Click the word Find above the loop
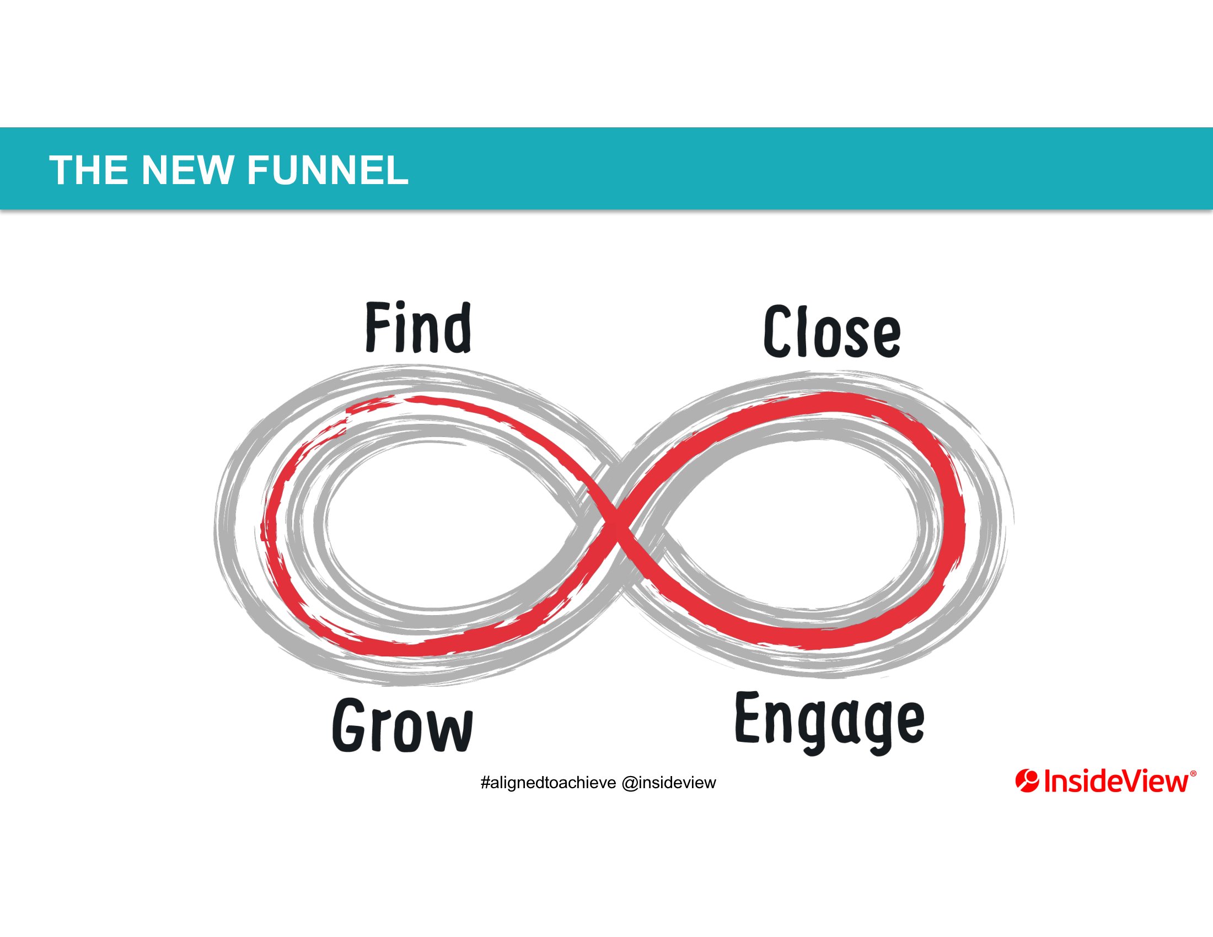tap(418, 327)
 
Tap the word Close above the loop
tap(831, 331)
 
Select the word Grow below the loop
tap(402, 725)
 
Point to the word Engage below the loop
tap(830, 722)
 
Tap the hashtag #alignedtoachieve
tap(548, 783)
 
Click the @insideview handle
tap(669, 783)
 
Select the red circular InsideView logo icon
tap(1027, 780)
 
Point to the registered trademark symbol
tap(1194, 773)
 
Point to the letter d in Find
tap(457, 327)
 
